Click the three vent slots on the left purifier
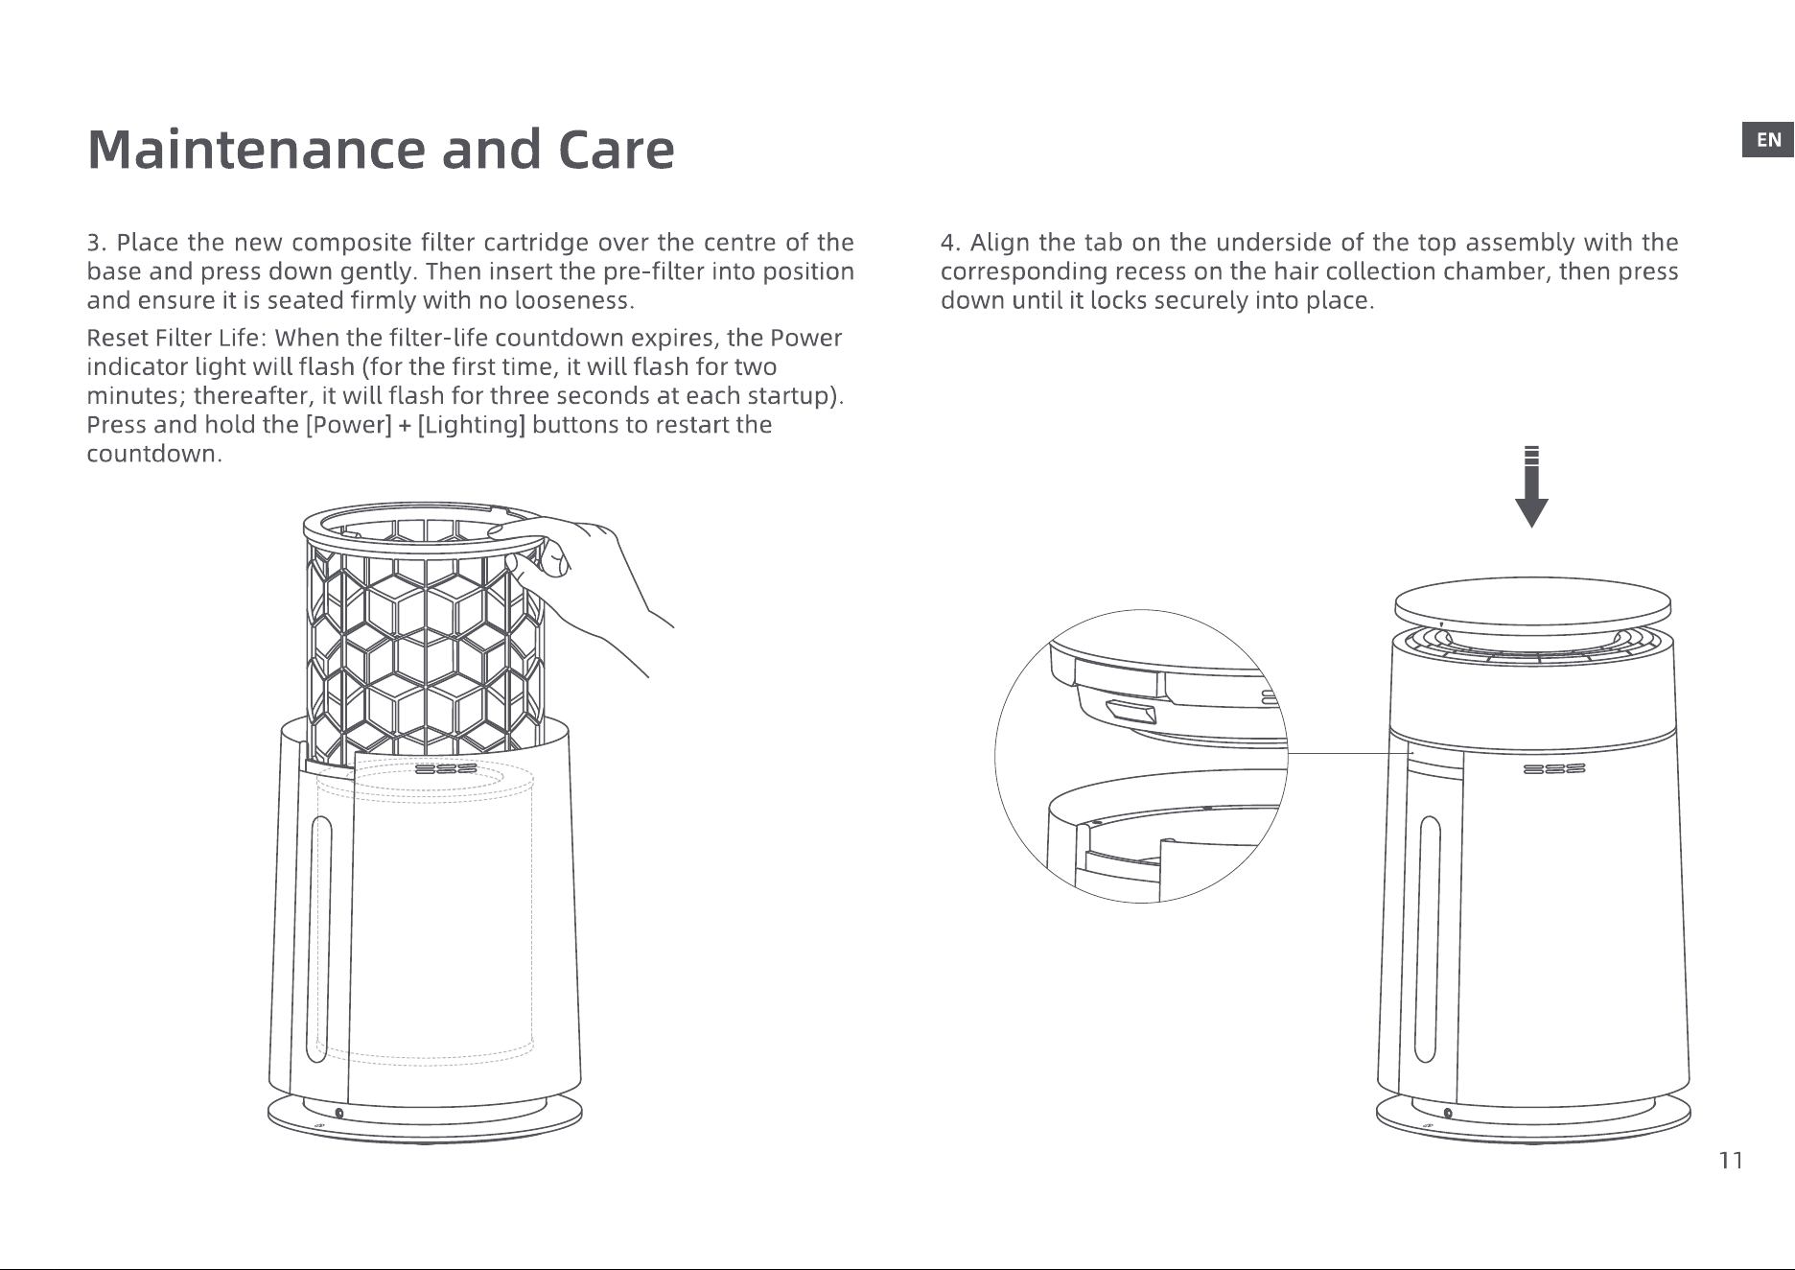(x=447, y=769)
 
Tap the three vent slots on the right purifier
(x=1554, y=769)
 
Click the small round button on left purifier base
(x=339, y=1113)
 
